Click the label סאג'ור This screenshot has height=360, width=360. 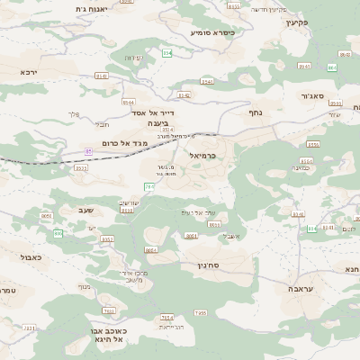[325, 95]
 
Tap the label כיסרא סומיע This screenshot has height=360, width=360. [211, 32]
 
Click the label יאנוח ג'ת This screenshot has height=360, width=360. [92, 8]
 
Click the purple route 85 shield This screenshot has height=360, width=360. [88, 151]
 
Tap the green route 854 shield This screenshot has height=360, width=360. [167, 53]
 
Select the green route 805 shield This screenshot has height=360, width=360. [58, 233]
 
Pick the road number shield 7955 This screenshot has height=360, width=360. [201, 312]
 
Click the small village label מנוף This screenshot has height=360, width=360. [84, 287]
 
